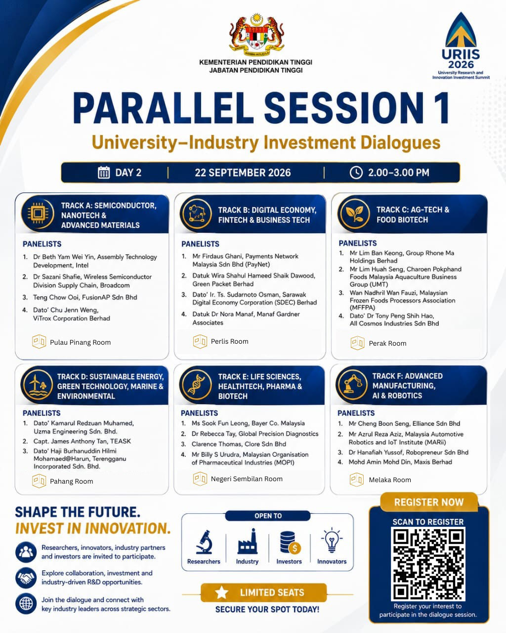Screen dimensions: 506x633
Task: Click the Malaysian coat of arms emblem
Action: [256, 35]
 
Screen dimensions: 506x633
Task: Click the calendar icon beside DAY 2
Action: [103, 173]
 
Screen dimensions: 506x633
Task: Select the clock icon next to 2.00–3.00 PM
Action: [356, 173]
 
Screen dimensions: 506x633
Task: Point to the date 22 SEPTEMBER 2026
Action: [243, 173]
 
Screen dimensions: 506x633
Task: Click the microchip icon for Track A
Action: [38, 213]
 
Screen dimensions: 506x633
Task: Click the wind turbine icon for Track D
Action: [38, 384]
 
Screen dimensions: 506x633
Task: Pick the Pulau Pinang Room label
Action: [80, 342]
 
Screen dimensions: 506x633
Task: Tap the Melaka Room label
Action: [390, 480]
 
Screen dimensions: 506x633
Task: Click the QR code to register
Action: [428, 564]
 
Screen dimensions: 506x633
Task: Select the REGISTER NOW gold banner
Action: [429, 502]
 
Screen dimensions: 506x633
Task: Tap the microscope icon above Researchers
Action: [204, 542]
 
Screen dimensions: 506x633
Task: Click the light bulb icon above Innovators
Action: [332, 541]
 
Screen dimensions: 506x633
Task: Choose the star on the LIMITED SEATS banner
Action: [221, 592]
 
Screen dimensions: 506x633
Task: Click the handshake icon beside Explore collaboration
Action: [26, 578]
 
